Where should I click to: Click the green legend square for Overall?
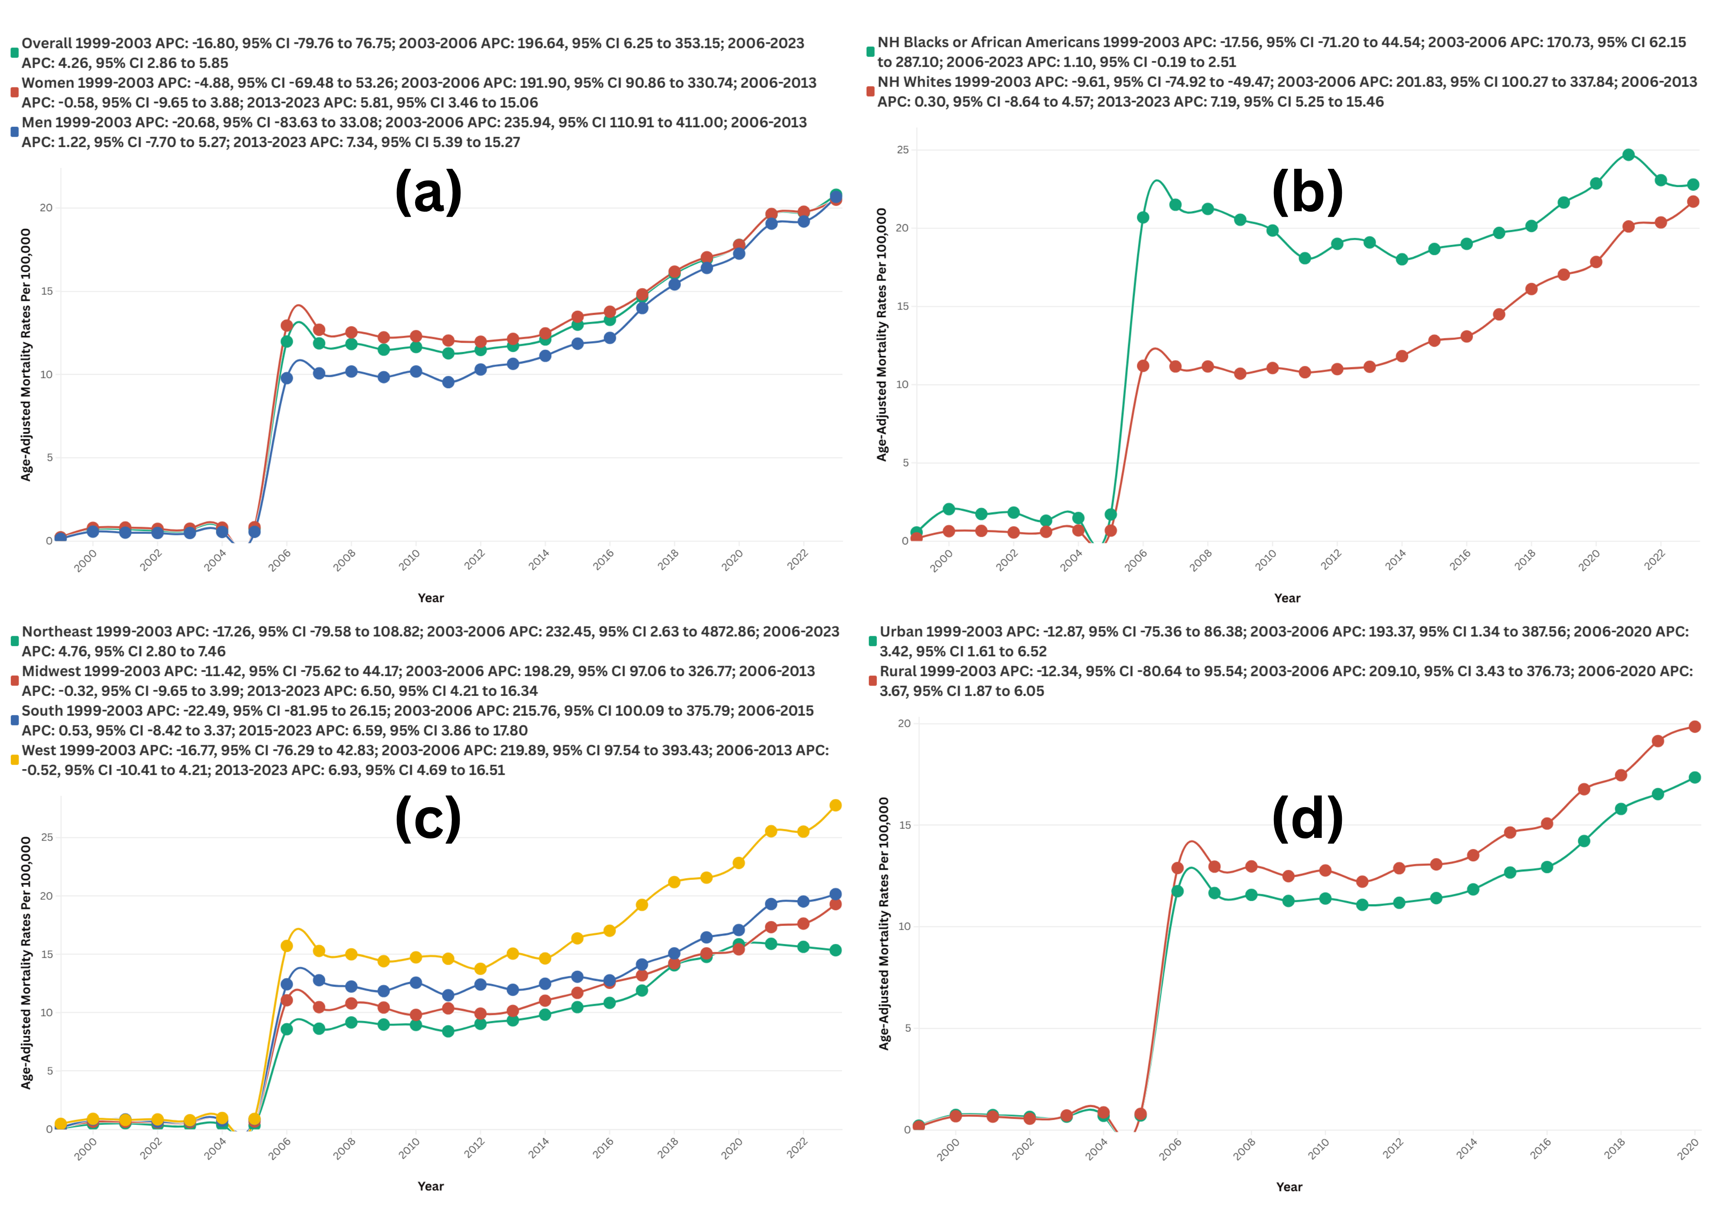[13, 53]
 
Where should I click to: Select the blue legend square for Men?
[13, 132]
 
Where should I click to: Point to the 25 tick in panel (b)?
[903, 150]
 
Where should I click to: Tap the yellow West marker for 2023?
[835, 805]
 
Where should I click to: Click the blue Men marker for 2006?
[287, 378]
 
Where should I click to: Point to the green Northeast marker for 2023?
[835, 950]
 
